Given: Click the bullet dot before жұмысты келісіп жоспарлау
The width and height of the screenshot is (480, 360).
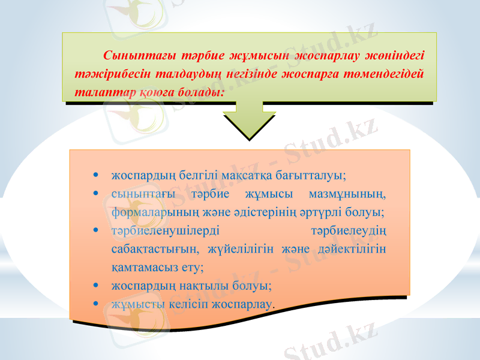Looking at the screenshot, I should tap(97, 304).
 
